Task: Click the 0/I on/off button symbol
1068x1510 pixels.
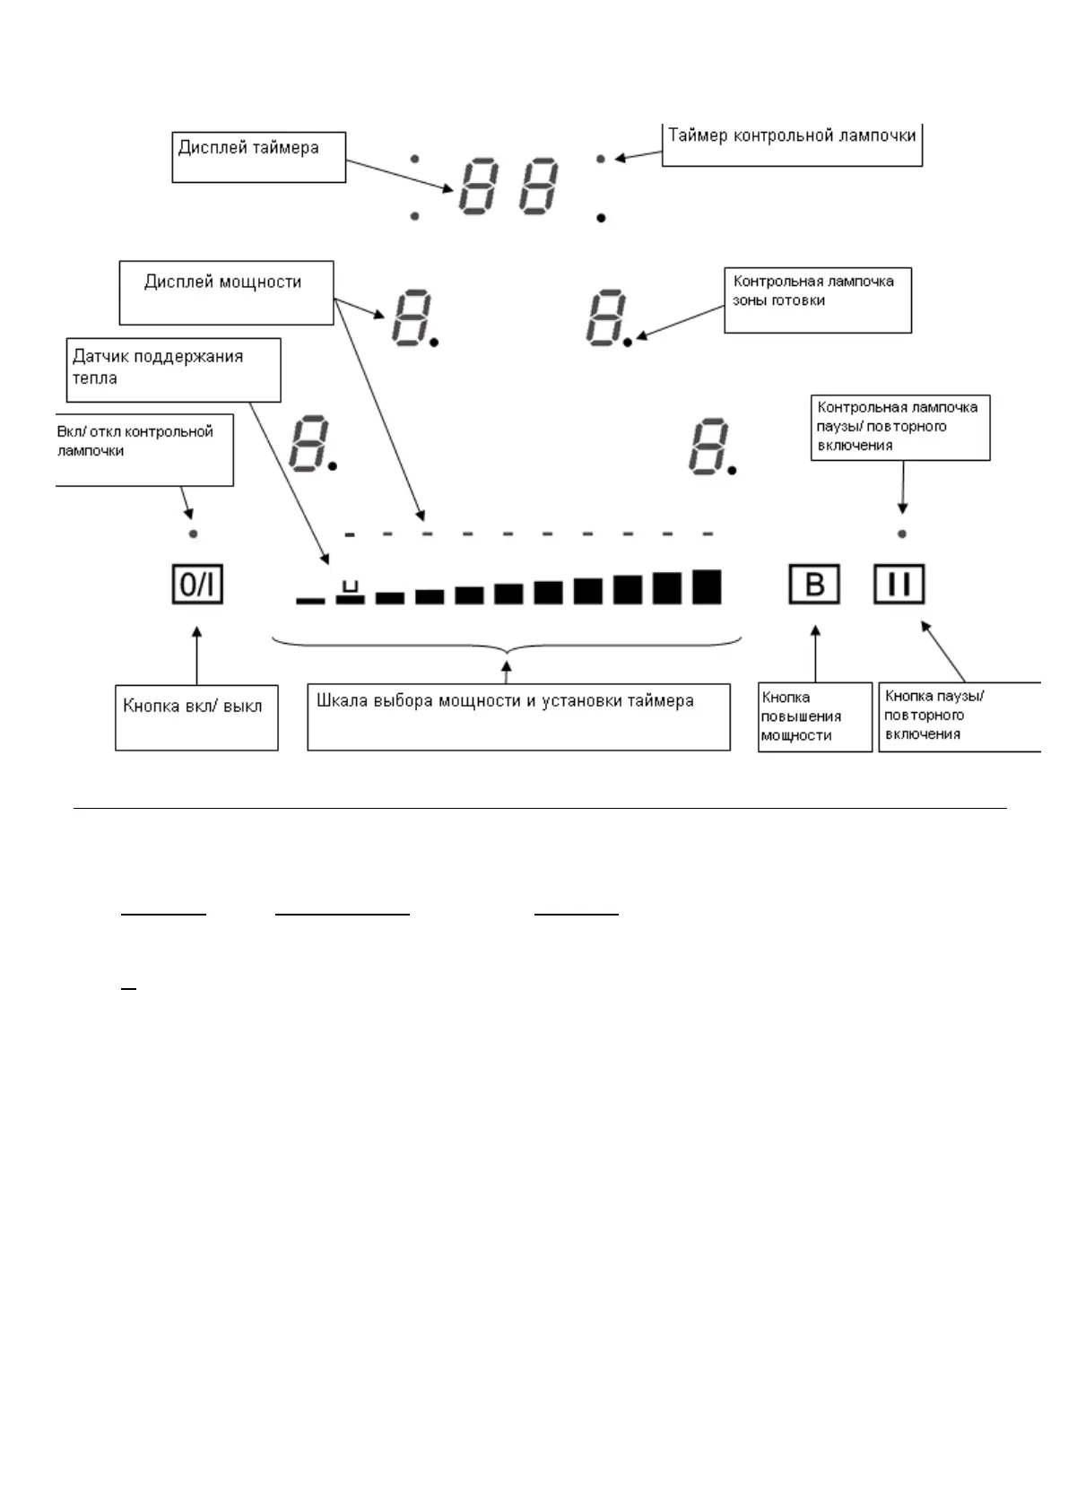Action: pos(197,586)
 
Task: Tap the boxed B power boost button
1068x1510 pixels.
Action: pos(814,586)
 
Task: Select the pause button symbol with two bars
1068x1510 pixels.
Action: pos(899,586)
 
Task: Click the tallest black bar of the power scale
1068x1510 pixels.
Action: pos(707,586)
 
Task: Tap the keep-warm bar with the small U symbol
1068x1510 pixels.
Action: pos(350,594)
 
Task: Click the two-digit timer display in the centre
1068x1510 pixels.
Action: pos(509,187)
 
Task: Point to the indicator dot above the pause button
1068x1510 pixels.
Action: pos(902,534)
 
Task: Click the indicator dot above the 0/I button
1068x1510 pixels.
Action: pos(194,534)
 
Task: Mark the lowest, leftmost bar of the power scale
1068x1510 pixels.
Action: pos(310,600)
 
